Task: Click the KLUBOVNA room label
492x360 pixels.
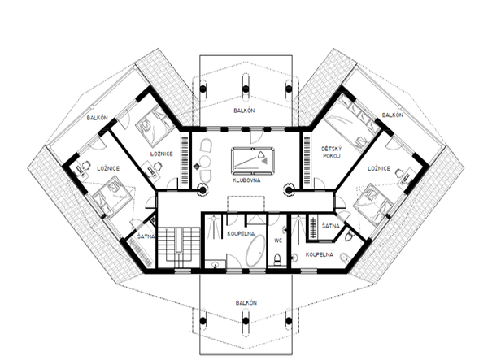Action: pyautogui.click(x=246, y=180)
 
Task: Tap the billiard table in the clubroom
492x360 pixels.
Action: pyautogui.click(x=253, y=161)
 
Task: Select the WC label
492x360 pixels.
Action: pyautogui.click(x=278, y=241)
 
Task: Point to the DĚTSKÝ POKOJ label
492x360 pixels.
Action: pyautogui.click(x=331, y=152)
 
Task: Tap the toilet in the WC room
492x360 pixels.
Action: pyautogui.click(x=277, y=259)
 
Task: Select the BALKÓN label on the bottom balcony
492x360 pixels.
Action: pyautogui.click(x=246, y=302)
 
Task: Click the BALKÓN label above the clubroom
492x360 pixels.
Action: pyautogui.click(x=244, y=111)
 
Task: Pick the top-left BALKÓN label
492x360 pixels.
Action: pyautogui.click(x=98, y=118)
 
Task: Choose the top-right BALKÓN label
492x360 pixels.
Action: pyautogui.click(x=393, y=115)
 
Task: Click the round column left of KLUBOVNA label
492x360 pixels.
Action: pyautogui.click(x=202, y=189)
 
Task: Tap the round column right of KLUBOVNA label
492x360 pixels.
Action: pyautogui.click(x=289, y=189)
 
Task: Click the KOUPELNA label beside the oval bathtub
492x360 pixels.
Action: pyautogui.click(x=241, y=233)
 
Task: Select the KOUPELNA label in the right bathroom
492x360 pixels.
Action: pyautogui.click(x=320, y=254)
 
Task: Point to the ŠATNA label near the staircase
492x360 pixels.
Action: pyautogui.click(x=146, y=236)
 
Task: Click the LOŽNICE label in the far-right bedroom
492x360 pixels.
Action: pyautogui.click(x=379, y=168)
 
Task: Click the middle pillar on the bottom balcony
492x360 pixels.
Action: pyautogui.click(x=246, y=320)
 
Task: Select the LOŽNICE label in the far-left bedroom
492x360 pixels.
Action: pyautogui.click(x=108, y=168)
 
